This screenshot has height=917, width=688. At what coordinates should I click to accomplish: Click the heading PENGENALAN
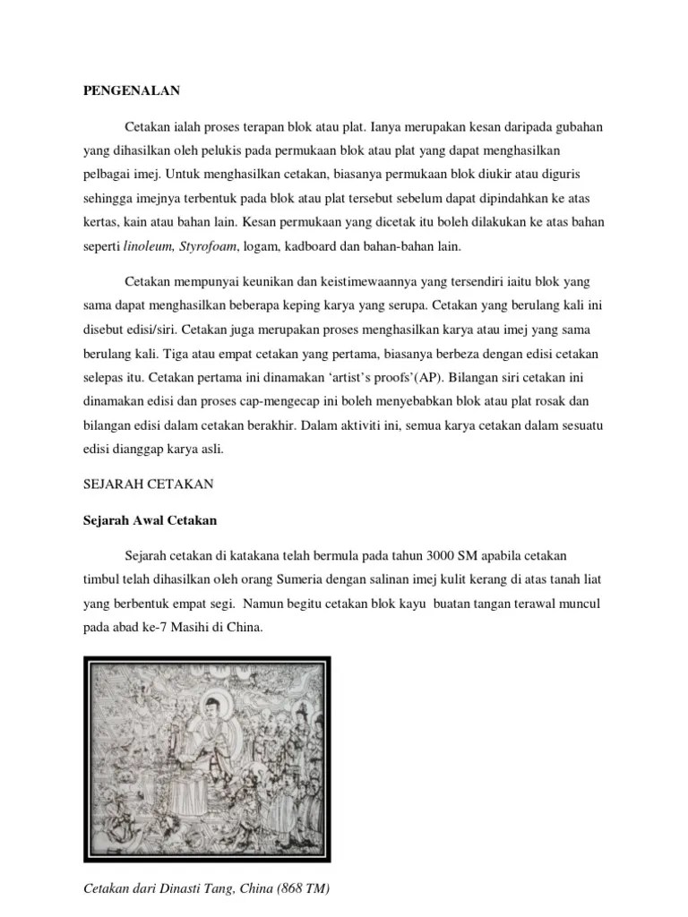[133, 90]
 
